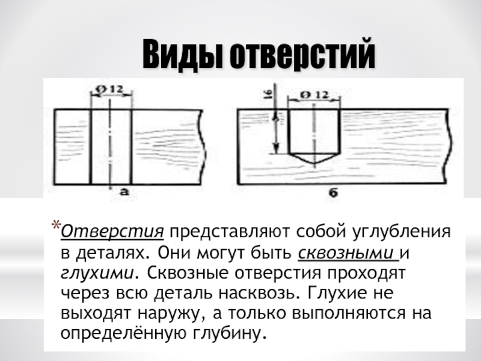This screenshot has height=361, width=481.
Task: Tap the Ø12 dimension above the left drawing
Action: [x=110, y=89]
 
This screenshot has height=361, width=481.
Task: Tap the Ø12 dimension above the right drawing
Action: [x=311, y=94]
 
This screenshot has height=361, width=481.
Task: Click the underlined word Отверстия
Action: [x=113, y=232]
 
